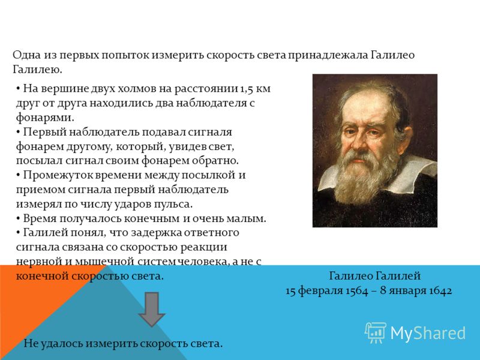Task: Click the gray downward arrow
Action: click(x=152, y=309)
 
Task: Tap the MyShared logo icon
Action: click(x=376, y=332)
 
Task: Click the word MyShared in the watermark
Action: click(x=428, y=334)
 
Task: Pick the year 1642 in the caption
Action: click(x=440, y=290)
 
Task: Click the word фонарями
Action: click(x=44, y=118)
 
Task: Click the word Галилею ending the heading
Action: click(x=37, y=70)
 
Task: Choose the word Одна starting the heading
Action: click(x=27, y=55)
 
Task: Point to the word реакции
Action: click(x=203, y=247)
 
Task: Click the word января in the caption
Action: click(x=409, y=290)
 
